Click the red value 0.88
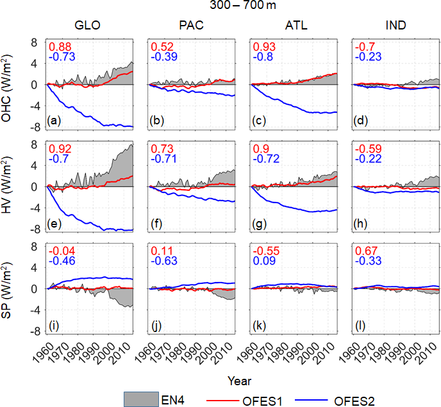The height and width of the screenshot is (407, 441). pos(60,47)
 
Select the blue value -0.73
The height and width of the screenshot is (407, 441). pos(62,58)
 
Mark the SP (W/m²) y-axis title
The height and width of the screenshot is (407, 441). pos(12,290)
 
